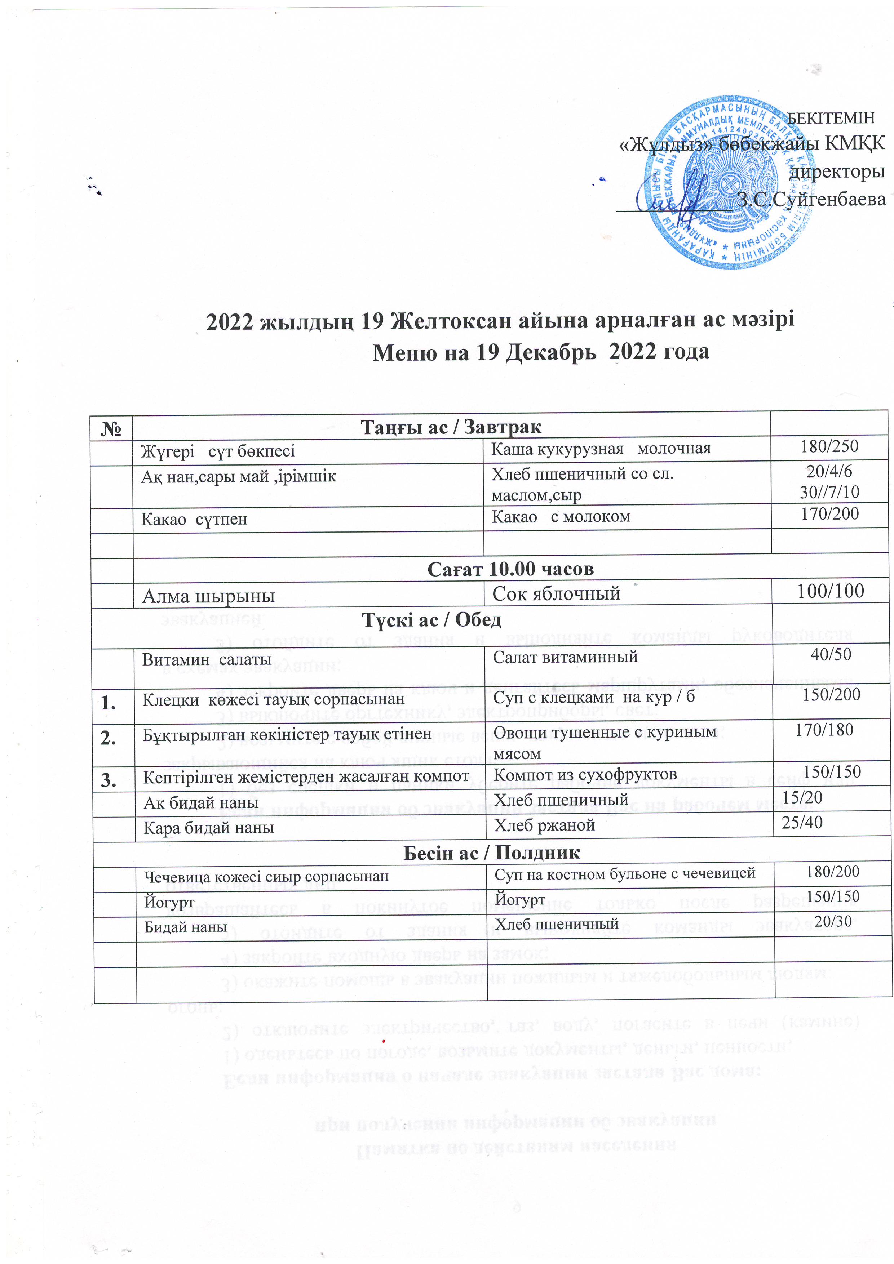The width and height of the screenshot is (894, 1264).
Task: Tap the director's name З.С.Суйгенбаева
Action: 811,199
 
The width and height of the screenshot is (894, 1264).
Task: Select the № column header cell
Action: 111,428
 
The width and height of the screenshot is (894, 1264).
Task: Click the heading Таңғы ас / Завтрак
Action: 451,427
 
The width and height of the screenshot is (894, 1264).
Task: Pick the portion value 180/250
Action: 829,446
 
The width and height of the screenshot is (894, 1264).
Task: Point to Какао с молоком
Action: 561,517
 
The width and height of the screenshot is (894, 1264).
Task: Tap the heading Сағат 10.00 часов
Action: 510,569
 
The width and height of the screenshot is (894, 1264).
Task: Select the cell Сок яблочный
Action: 556,593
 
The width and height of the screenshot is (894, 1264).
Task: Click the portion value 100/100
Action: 830,591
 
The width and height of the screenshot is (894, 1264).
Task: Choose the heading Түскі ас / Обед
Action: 431,620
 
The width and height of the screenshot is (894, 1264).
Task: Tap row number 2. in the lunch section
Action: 109,738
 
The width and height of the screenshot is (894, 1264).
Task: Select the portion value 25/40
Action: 802,823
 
